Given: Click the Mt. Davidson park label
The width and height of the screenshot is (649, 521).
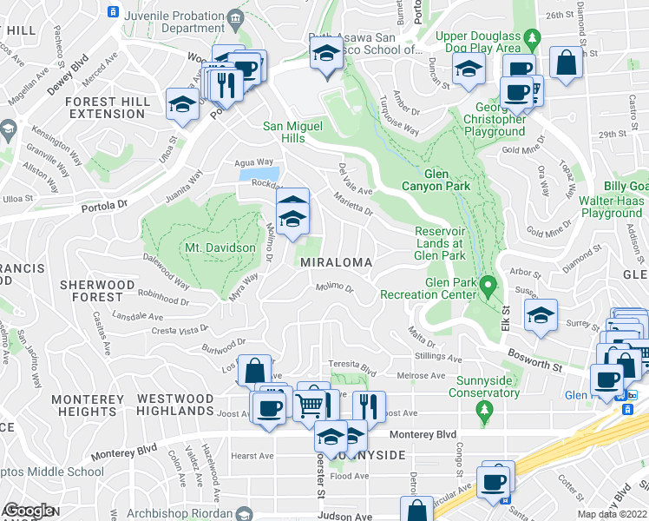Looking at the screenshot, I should [x=220, y=247].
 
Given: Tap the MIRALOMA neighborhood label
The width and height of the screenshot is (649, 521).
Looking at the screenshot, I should [x=336, y=262].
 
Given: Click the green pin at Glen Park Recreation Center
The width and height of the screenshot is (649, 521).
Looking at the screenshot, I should [x=488, y=284].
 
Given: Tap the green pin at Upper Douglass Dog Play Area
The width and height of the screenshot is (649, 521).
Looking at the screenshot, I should [x=535, y=38].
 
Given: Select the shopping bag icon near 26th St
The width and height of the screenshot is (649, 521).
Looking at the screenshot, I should [x=567, y=63].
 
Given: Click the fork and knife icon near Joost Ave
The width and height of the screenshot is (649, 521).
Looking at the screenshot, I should [x=370, y=405].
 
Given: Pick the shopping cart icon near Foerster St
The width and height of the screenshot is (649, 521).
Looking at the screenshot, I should [x=309, y=404].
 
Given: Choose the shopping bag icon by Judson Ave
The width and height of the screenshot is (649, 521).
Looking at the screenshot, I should [x=416, y=510].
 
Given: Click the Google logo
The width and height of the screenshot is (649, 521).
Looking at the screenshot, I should [x=29, y=511].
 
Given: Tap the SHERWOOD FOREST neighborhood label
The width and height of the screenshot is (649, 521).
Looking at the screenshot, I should [x=96, y=291].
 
